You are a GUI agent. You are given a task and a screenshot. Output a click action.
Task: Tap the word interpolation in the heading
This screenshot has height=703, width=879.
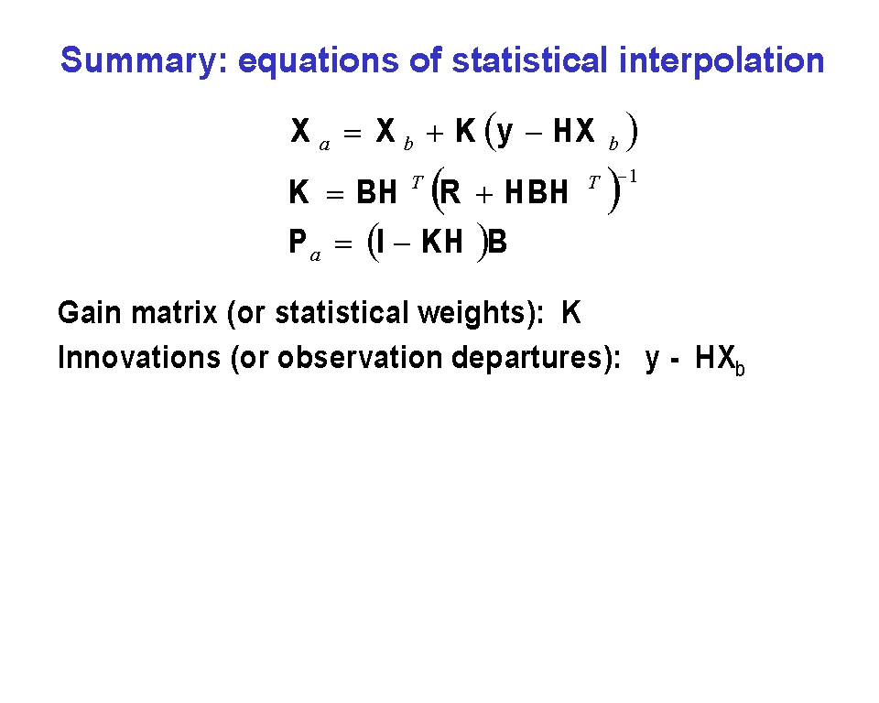coord(722,60)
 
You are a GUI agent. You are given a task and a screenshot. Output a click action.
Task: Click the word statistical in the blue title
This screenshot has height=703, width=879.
coord(530,60)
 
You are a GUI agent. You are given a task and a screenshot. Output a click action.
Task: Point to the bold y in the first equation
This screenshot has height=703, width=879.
coord(505,134)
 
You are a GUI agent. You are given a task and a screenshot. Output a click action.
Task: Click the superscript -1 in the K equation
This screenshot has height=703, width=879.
coord(628,178)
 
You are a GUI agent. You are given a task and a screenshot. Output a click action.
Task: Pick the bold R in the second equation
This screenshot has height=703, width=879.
coord(450,191)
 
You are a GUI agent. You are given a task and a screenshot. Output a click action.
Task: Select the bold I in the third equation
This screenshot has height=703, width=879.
coord(381,243)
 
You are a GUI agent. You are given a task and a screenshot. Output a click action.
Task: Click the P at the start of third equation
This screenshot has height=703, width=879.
coord(298,242)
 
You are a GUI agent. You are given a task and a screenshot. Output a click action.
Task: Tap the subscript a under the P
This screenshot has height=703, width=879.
coord(316,256)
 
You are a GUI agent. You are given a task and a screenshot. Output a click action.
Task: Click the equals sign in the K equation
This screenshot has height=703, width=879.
coord(335,195)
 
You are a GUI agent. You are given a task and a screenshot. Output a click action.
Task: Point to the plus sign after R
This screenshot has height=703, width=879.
coord(483,195)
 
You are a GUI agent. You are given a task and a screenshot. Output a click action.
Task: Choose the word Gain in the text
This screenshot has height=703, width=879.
coord(89,313)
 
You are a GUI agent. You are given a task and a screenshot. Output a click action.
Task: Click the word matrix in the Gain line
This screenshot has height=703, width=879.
coord(174,313)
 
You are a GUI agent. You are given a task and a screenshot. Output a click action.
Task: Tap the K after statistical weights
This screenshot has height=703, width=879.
coord(571,313)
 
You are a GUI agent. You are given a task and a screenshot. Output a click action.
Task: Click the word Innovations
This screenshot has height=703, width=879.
coord(139,358)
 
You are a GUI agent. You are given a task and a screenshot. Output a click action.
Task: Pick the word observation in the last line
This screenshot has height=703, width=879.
coord(360,358)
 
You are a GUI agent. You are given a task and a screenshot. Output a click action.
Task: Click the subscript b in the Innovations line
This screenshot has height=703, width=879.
coord(740,369)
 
